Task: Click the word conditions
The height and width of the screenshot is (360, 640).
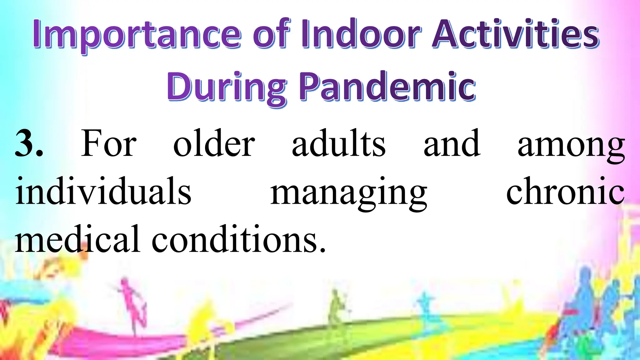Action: pyautogui.click(x=239, y=239)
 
